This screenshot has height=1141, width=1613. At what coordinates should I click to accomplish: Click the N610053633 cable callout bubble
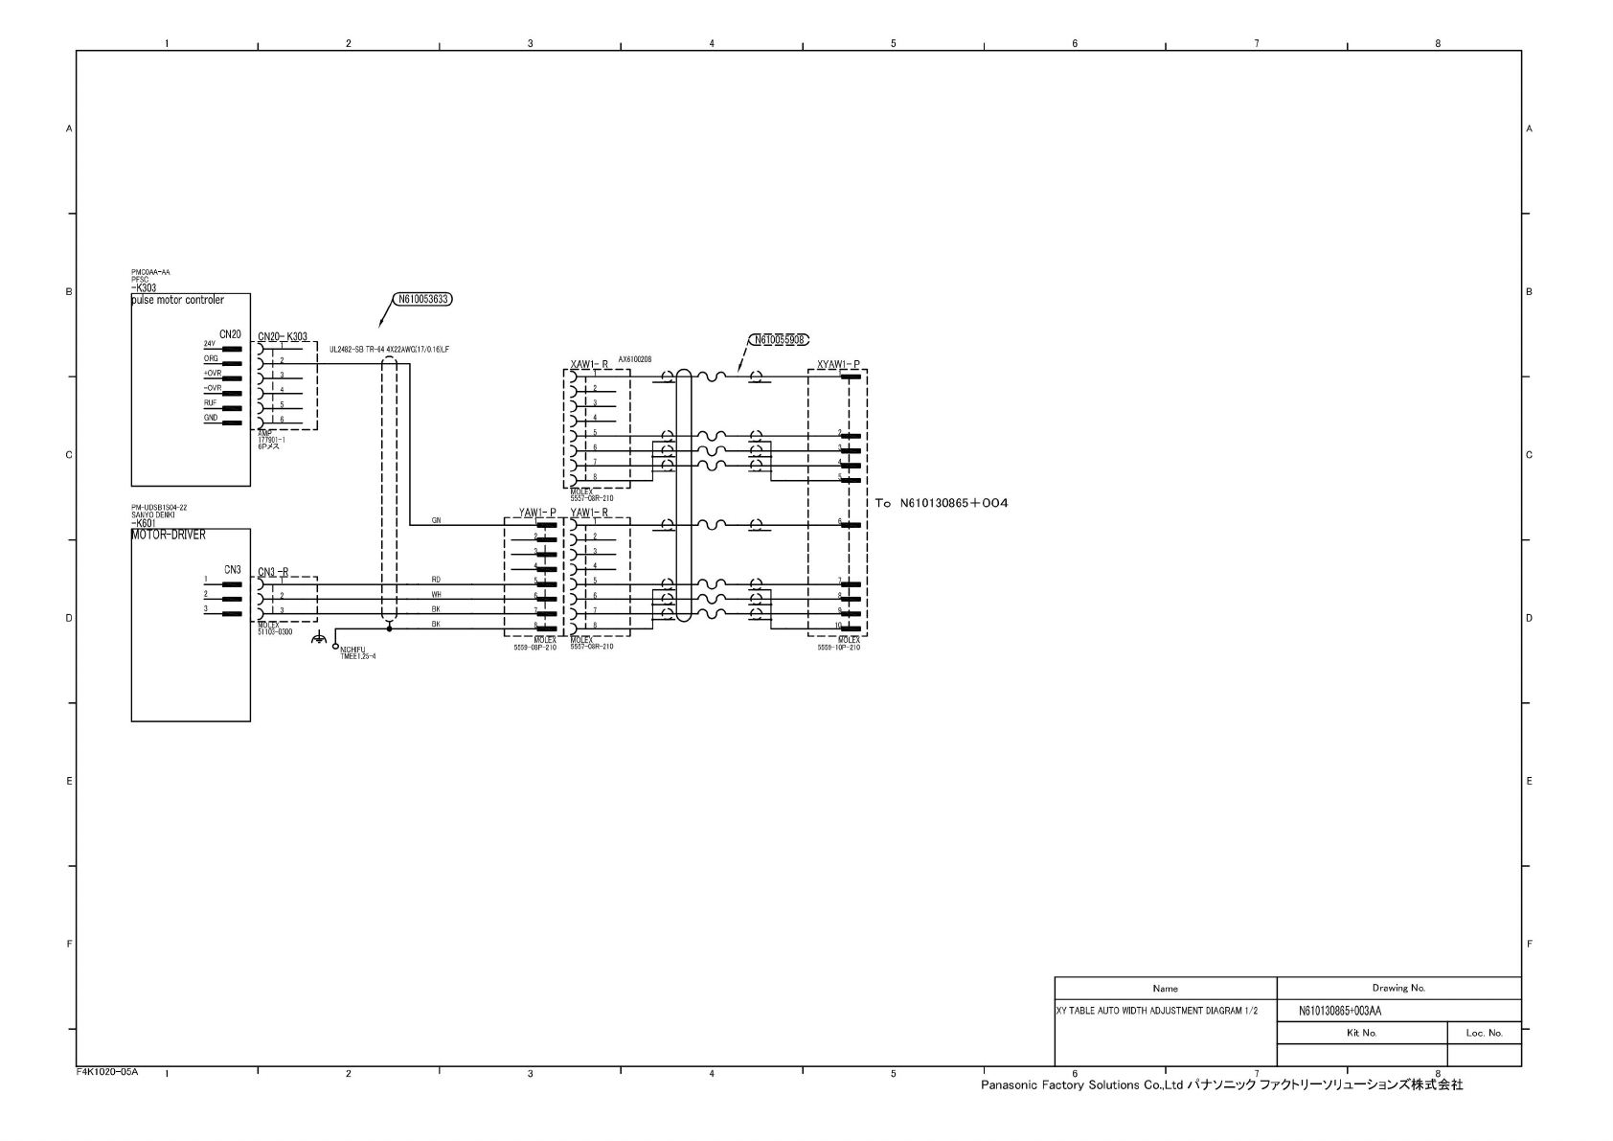point(422,299)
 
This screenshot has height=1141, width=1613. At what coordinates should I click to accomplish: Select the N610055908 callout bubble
point(778,339)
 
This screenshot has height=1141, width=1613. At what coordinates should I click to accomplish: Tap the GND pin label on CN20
point(211,419)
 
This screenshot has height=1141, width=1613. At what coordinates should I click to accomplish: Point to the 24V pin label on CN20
point(210,344)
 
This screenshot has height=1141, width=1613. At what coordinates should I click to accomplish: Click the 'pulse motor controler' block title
point(178,300)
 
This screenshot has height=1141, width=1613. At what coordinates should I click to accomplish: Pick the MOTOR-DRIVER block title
point(169,536)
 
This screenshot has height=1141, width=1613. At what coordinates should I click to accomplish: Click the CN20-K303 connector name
point(283,337)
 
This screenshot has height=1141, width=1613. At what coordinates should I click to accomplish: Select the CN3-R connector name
point(273,572)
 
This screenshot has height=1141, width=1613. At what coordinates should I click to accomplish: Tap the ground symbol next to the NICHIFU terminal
point(319,640)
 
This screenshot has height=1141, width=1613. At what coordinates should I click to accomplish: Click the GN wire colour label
point(436,520)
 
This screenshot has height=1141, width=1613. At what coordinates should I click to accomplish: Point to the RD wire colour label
point(436,580)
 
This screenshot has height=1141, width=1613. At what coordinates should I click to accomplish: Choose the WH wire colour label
point(436,595)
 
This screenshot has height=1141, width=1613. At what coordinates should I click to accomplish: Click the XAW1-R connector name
point(589,365)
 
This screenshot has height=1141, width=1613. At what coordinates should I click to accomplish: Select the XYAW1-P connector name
point(838,365)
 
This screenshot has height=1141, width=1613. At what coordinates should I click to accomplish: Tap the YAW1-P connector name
point(537,513)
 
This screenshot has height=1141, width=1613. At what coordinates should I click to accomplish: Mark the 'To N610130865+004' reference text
point(942,503)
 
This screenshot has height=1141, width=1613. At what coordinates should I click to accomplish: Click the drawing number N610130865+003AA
point(1340,1011)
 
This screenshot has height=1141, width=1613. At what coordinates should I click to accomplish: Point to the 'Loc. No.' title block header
point(1484,1033)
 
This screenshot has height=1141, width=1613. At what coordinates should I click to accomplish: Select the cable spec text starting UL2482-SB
point(389,350)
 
